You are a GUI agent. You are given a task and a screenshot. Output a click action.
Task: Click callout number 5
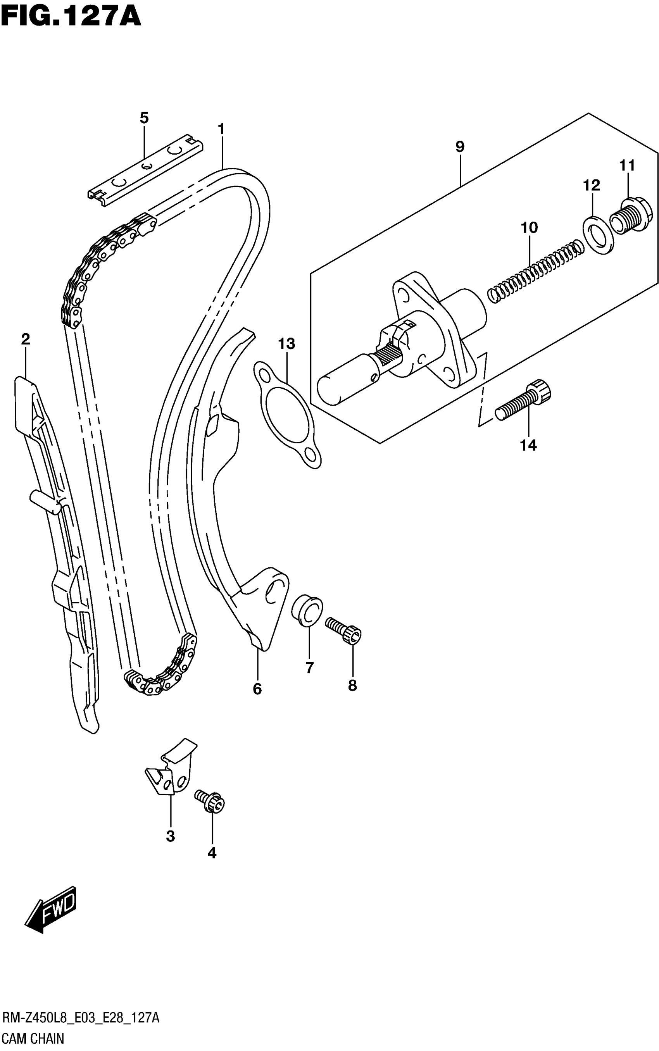(x=144, y=118)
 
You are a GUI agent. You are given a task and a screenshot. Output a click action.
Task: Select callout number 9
(x=460, y=147)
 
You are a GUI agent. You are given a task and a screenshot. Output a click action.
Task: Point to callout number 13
(x=287, y=344)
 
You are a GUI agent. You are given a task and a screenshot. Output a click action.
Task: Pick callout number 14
(x=528, y=445)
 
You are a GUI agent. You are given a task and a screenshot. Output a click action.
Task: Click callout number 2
(x=26, y=339)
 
